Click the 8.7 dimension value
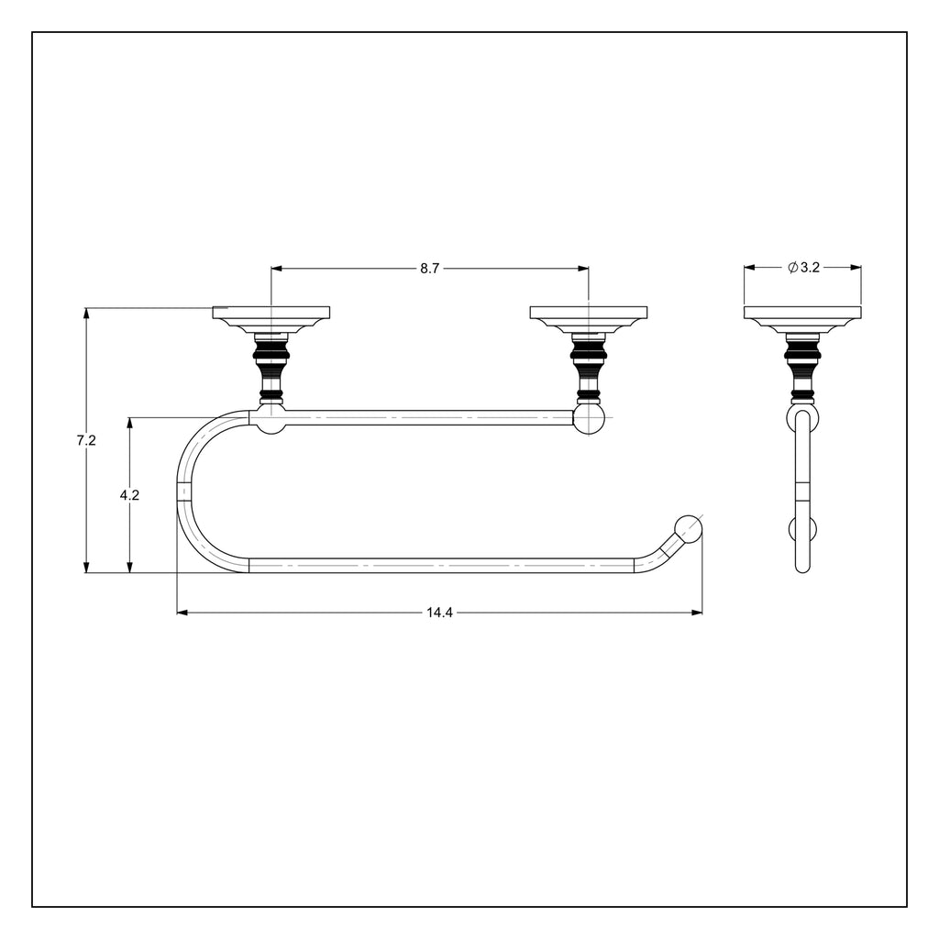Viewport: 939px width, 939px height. (x=429, y=269)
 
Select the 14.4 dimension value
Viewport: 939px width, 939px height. (x=439, y=613)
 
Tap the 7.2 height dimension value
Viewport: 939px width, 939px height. (x=86, y=440)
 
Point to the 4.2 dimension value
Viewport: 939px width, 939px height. (x=129, y=495)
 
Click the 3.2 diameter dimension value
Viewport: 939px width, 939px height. (x=810, y=268)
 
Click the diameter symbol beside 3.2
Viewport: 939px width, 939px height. (x=793, y=268)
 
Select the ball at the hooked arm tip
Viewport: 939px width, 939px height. (x=689, y=528)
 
